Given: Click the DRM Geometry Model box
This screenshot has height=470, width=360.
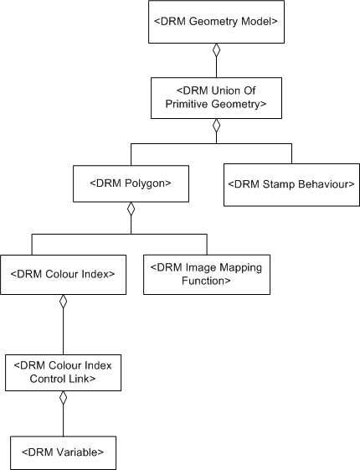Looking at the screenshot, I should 216,23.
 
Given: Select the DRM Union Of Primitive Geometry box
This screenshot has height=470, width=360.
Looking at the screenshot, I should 216,98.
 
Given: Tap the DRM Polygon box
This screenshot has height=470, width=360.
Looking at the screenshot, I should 130,182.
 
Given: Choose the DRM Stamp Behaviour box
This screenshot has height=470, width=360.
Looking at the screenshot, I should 291,183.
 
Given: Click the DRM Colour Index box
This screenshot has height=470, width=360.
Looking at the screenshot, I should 63,274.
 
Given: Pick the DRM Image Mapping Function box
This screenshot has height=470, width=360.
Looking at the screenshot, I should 207,274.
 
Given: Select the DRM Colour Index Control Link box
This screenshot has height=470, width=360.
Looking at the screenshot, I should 63,371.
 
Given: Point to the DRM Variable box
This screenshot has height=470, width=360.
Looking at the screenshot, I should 63,452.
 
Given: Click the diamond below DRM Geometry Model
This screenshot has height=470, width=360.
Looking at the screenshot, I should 216,50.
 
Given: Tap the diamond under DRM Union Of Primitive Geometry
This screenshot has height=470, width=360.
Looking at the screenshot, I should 216,127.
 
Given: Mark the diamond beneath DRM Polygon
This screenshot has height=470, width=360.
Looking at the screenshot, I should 130,209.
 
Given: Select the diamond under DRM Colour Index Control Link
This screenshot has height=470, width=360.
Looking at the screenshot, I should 63,399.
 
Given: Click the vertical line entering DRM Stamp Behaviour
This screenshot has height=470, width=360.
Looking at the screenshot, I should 291,153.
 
